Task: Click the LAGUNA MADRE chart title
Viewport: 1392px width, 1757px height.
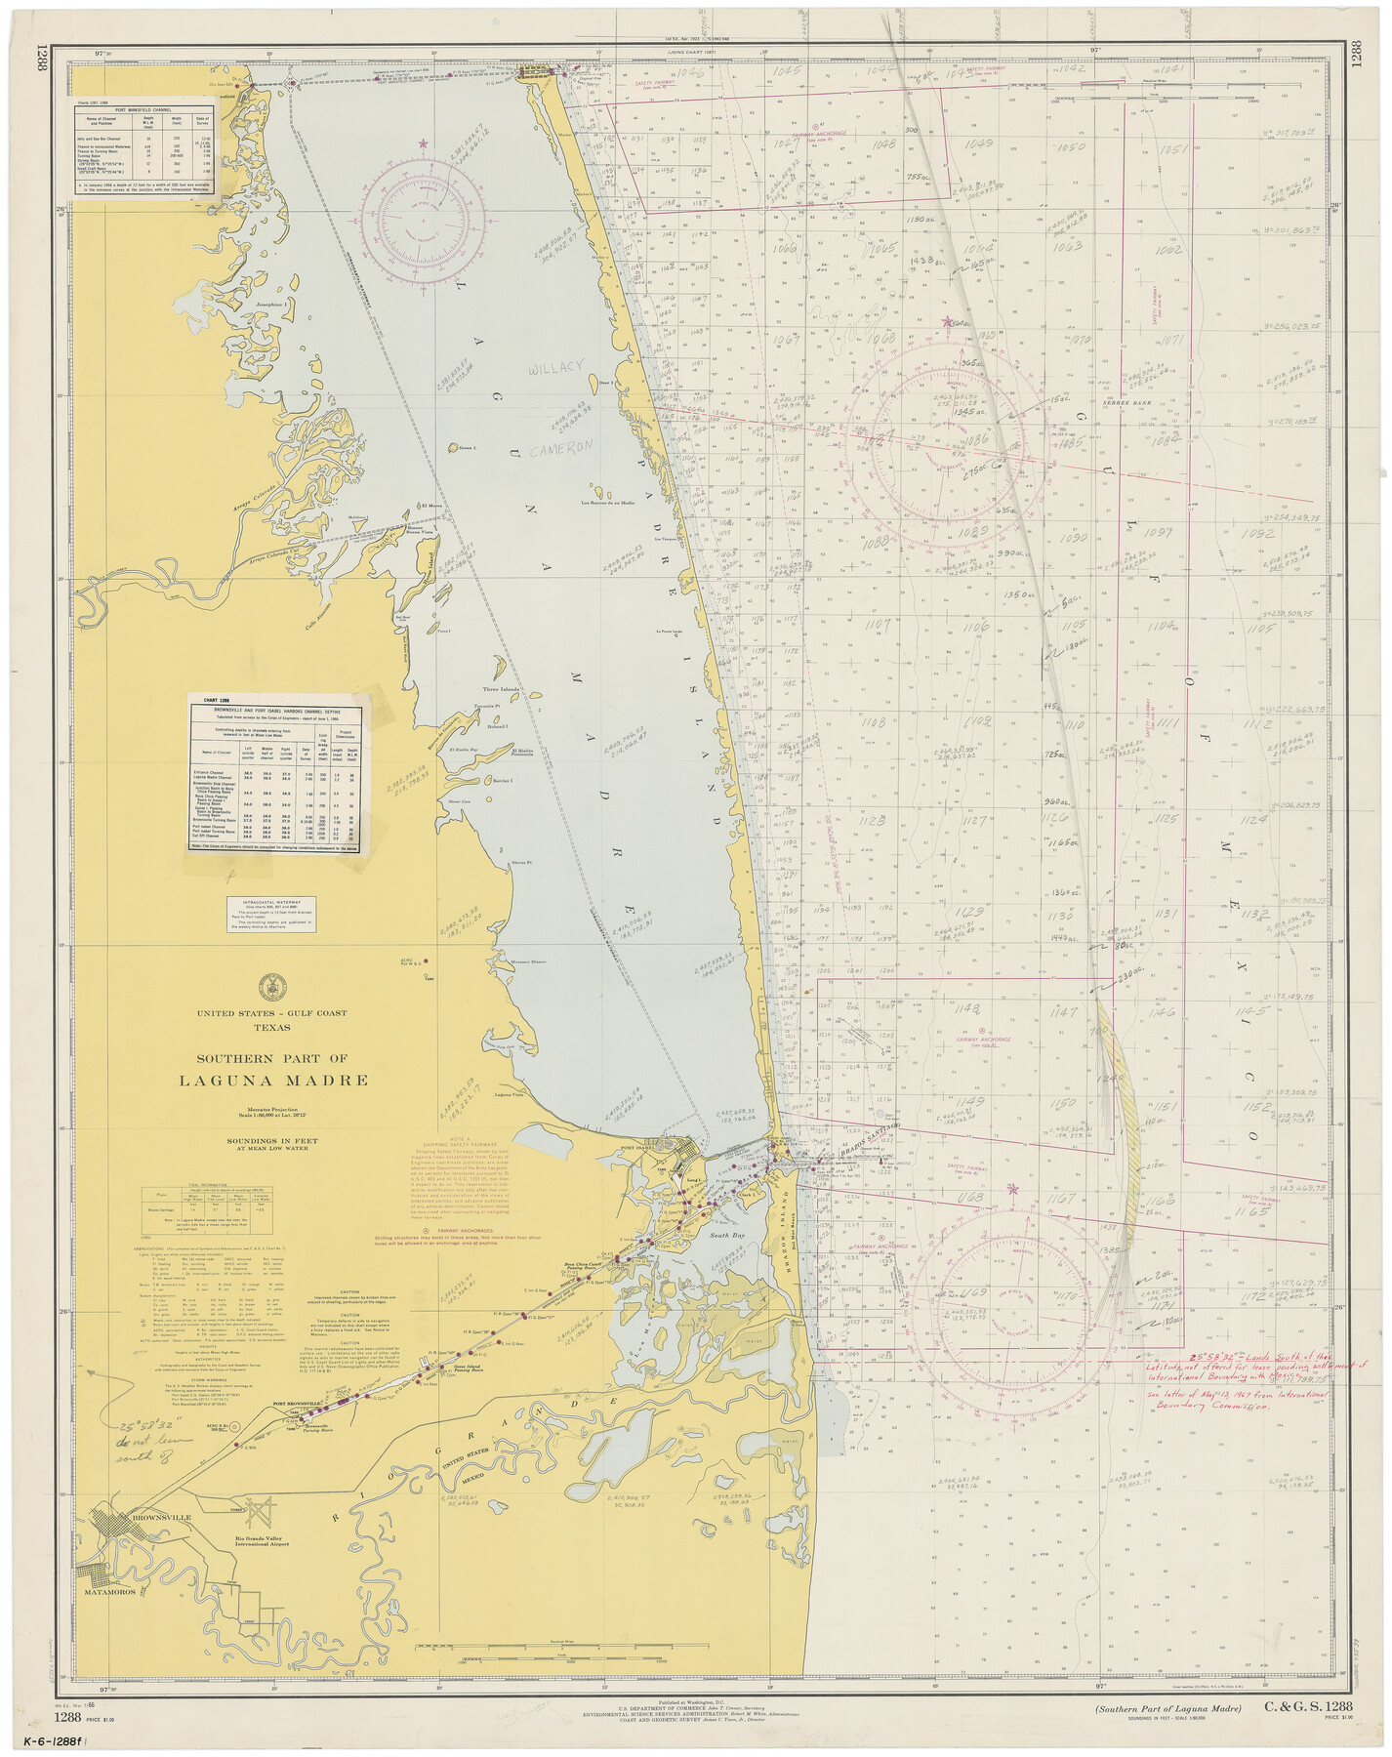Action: (273, 1081)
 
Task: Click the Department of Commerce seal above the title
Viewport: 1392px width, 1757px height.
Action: (272, 987)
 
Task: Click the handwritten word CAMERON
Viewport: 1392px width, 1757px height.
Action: (561, 448)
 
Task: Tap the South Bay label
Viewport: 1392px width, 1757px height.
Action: (726, 1235)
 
